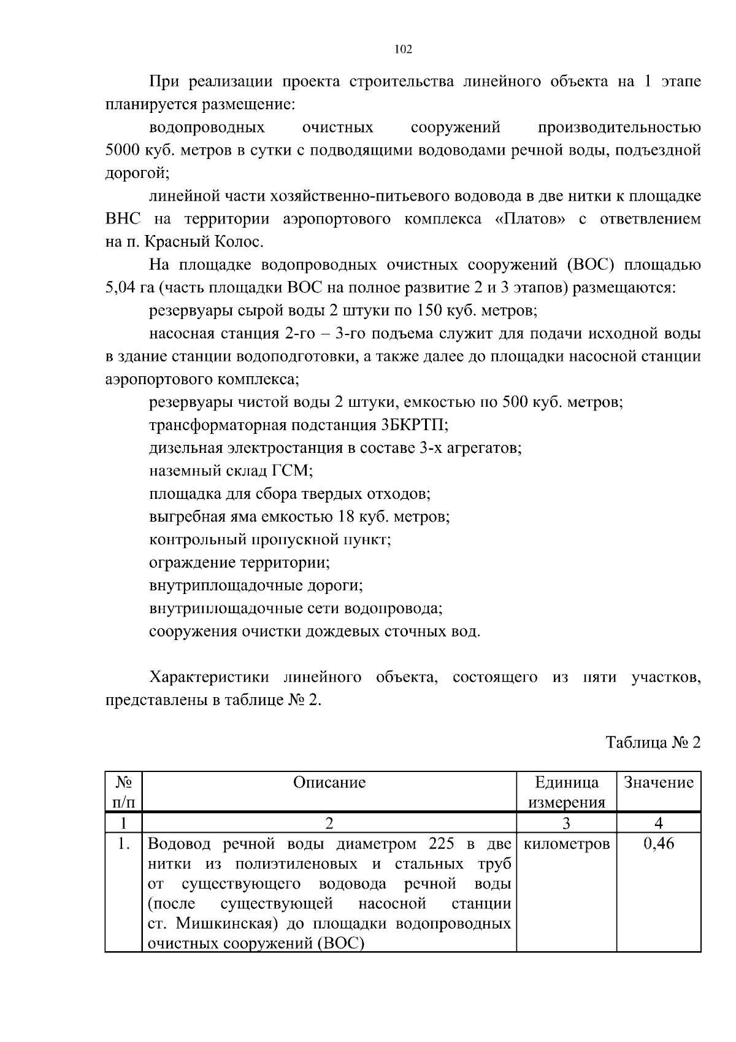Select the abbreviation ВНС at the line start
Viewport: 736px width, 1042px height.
coord(123,219)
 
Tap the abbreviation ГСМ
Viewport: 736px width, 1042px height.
coord(291,471)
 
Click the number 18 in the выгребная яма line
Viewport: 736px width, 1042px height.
coord(347,517)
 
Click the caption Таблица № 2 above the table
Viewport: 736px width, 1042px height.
coord(653,743)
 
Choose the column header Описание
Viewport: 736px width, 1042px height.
coord(329,782)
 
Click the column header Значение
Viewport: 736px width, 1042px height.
coord(659,782)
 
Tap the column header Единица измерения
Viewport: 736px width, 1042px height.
coord(566,792)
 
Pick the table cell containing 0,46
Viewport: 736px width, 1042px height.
coord(659,844)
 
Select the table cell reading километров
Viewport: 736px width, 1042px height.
coord(566,844)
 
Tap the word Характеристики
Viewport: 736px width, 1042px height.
coord(209,677)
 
